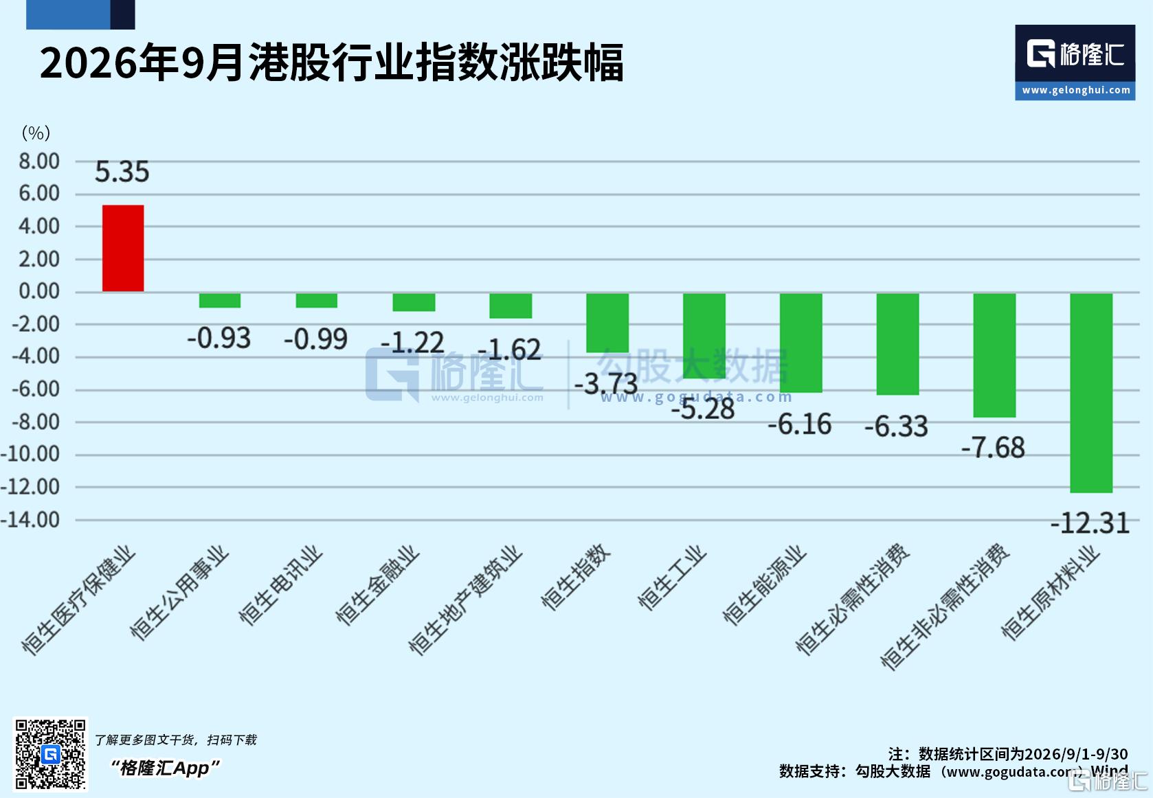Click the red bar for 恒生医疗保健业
(x=123, y=249)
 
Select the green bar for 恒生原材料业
(x=1091, y=393)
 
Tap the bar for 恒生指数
(x=607, y=323)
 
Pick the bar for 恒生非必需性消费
(x=994, y=355)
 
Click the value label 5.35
(x=122, y=172)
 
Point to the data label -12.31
(x=1090, y=523)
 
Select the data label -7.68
(x=993, y=447)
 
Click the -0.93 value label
(x=219, y=338)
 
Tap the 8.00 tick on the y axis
(x=39, y=161)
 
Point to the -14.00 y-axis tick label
(x=30, y=520)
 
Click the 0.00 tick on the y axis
(x=39, y=291)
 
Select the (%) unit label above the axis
(x=36, y=133)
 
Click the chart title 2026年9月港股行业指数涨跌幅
(x=331, y=62)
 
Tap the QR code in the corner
(x=50, y=754)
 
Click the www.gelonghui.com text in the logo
(x=1076, y=90)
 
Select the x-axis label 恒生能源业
(x=763, y=585)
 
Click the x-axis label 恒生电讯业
(x=280, y=585)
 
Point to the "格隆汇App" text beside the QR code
(x=166, y=768)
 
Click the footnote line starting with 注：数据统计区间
(x=1008, y=754)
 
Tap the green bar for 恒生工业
(x=704, y=335)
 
